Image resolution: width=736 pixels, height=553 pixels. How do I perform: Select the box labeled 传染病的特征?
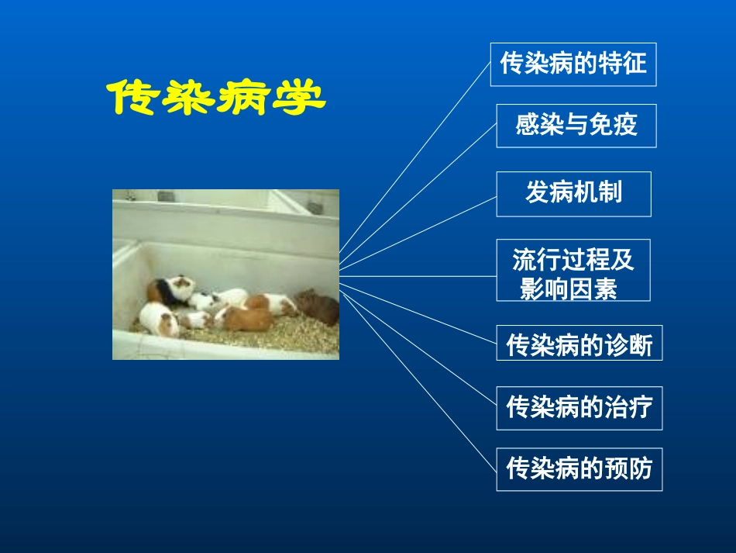(573, 64)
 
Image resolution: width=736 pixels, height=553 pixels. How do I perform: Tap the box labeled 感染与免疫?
(576, 125)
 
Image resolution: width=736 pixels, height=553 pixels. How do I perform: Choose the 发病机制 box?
(573, 193)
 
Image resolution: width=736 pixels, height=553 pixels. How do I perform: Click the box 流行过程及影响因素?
(573, 270)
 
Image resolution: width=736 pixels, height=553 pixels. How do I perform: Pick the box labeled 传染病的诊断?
(579, 343)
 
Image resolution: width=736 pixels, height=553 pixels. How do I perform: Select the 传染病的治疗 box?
(579, 407)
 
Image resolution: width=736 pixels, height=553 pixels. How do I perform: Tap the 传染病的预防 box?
(579, 468)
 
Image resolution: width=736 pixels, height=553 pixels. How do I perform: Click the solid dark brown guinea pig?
(318, 307)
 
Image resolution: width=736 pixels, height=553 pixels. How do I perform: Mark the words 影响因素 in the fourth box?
(569, 289)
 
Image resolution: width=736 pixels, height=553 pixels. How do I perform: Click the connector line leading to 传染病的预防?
(418, 380)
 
